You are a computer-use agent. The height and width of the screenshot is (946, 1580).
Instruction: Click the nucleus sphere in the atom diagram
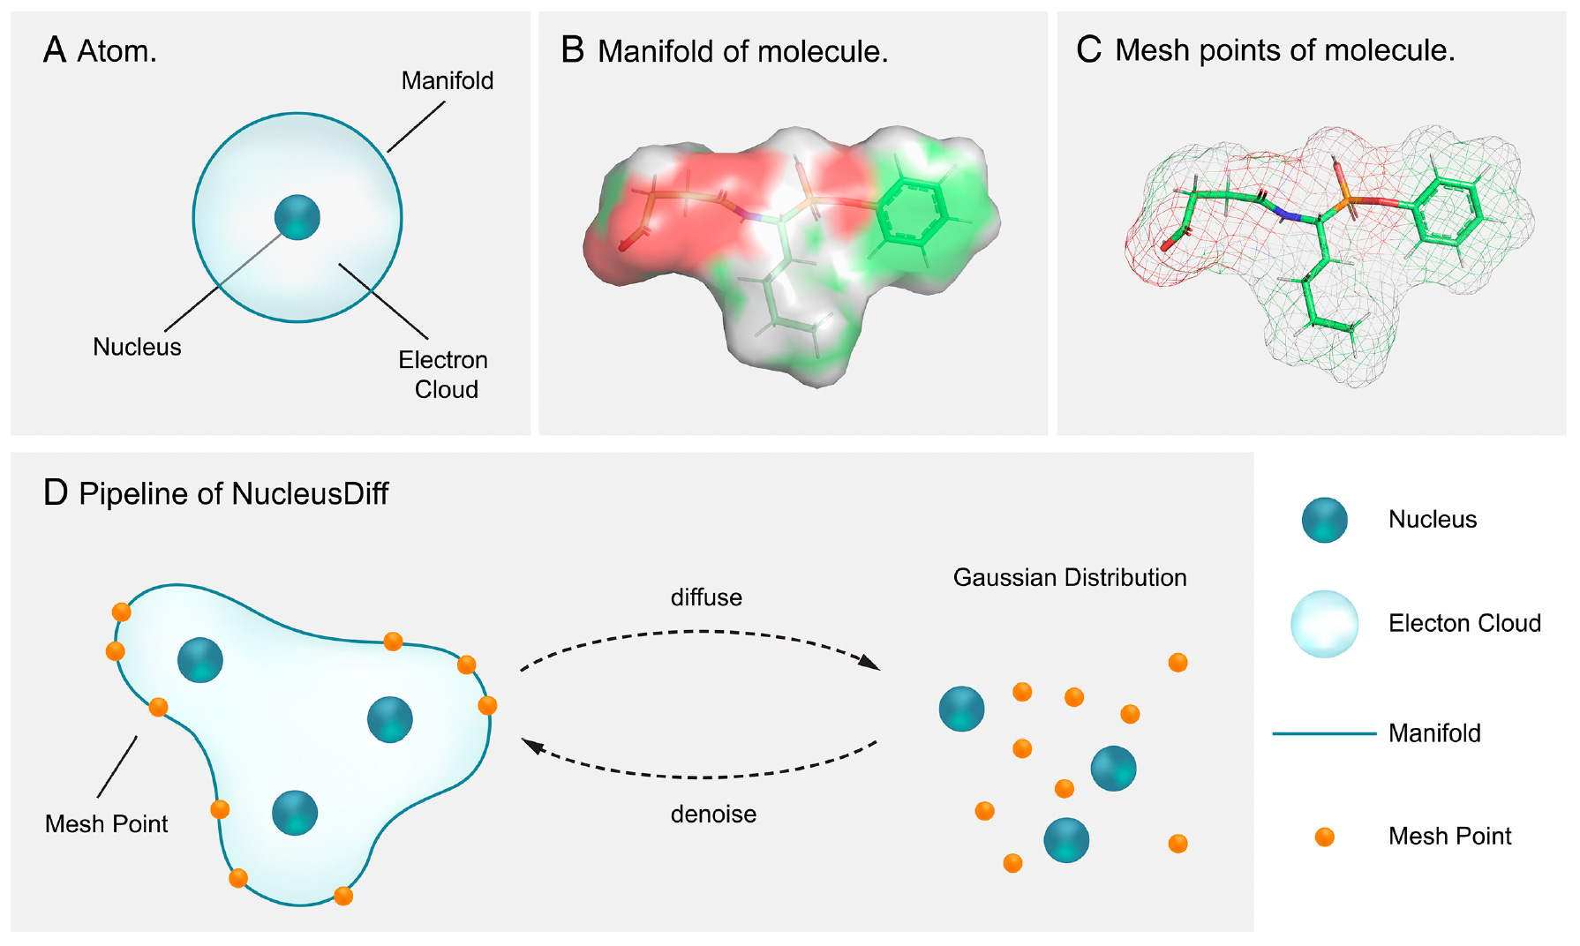297,217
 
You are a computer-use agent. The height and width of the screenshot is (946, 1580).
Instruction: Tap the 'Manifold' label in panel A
447,81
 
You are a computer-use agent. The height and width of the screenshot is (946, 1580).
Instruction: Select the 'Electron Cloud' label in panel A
443,374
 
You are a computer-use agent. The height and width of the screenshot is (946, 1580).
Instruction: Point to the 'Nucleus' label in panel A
137,347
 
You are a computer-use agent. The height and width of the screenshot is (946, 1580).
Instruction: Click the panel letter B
572,50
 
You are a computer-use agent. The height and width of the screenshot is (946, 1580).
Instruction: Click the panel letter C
1088,49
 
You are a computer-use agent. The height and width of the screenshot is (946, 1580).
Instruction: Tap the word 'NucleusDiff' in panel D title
310,493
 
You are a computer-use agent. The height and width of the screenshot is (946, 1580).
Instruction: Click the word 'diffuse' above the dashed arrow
706,597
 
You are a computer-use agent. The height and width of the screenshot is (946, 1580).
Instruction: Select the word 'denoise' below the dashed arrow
713,814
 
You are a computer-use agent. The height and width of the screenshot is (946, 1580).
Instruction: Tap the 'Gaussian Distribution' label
1070,577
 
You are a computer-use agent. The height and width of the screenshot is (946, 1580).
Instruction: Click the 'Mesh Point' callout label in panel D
106,823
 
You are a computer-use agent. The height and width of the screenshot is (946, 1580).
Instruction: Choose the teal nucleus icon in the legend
1324,520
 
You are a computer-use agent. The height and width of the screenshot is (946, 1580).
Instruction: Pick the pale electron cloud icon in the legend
1324,624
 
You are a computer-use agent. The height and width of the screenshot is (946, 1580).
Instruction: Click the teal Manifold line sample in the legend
1324,733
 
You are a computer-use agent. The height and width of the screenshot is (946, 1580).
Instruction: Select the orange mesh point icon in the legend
1324,837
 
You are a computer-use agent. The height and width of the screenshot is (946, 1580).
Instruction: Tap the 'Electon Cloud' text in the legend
1464,623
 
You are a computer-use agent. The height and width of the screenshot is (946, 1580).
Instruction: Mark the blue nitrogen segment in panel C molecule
1287,214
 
